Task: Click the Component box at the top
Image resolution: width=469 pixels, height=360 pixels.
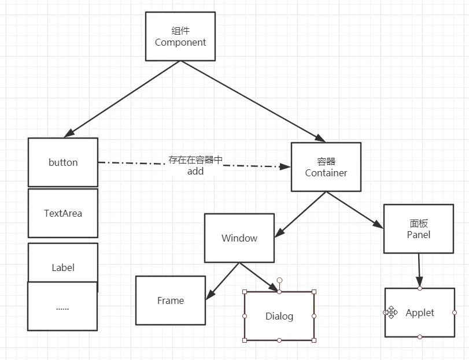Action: point(180,36)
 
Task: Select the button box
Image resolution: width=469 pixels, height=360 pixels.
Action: point(63,162)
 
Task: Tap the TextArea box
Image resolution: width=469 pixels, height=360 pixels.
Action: point(63,213)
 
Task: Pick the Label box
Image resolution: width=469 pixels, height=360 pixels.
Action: point(63,263)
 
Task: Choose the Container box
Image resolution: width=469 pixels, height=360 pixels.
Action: point(326,167)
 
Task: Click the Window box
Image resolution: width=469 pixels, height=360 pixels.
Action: point(239,238)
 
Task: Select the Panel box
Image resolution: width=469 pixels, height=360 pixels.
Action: point(419,229)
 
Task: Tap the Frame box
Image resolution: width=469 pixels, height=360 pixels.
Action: point(171,300)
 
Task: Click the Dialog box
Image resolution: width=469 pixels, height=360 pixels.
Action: point(279,316)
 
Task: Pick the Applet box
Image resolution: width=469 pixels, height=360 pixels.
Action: point(420,313)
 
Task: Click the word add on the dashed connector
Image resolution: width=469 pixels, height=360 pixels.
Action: point(195,172)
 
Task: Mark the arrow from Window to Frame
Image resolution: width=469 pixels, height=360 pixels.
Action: point(223,281)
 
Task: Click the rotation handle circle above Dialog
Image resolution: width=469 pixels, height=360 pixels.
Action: point(279,280)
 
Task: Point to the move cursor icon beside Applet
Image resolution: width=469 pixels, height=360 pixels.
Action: point(392,313)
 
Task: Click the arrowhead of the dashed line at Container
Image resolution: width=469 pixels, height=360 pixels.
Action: point(285,167)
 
